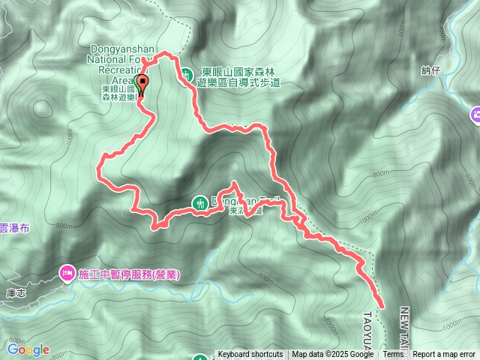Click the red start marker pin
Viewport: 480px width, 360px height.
point(141,83)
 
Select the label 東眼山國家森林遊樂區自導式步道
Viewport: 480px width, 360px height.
point(237,78)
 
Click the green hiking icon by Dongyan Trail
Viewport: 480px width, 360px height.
point(200,202)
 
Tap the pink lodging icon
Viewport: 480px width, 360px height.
point(66,274)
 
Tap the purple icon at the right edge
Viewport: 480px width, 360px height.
point(475,115)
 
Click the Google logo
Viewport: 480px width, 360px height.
point(28,349)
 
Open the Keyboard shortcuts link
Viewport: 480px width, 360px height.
point(250,355)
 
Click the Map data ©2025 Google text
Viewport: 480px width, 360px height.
point(332,355)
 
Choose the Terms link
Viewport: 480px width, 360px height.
point(393,355)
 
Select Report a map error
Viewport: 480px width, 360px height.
point(444,355)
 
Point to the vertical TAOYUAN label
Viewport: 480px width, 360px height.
point(368,330)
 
